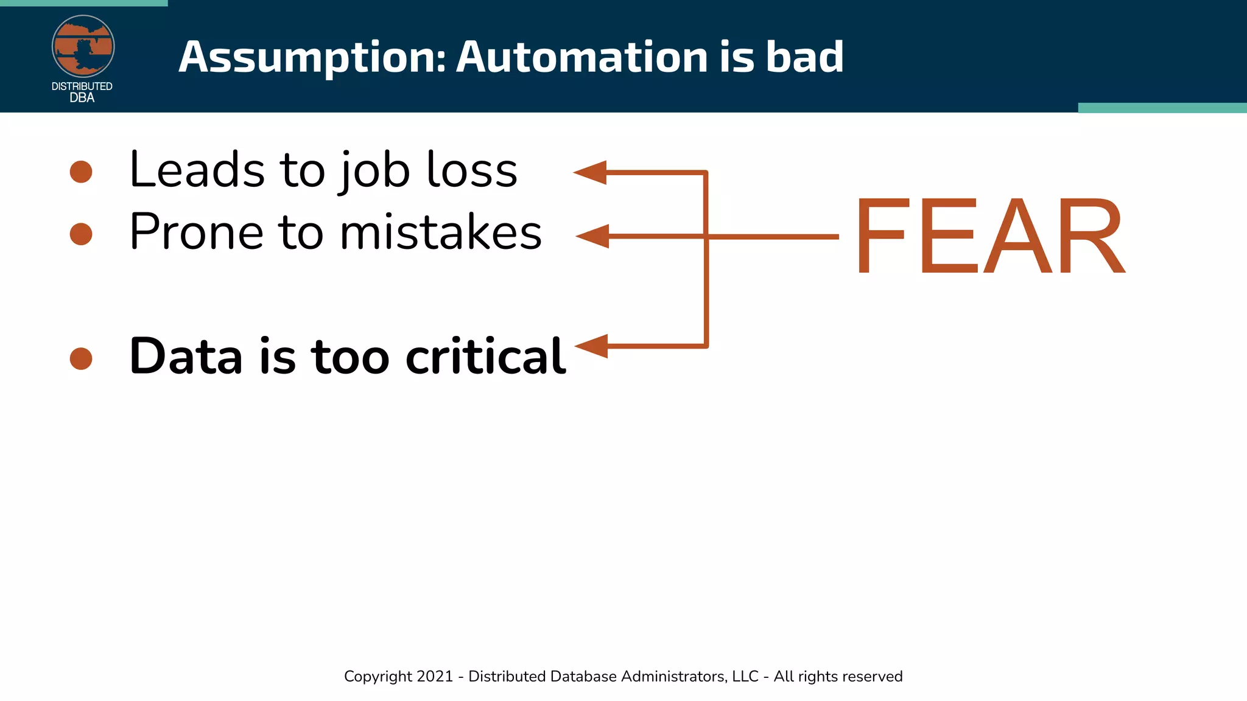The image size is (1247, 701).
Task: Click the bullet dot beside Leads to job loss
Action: click(x=81, y=172)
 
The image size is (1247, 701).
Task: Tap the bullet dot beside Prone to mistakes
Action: click(x=81, y=234)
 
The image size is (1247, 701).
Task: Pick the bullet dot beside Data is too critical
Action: click(x=81, y=358)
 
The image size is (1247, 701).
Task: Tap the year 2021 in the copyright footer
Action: click(x=435, y=676)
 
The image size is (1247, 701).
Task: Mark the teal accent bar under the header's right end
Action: click(x=1162, y=108)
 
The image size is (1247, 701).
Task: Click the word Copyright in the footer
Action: click(x=378, y=677)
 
